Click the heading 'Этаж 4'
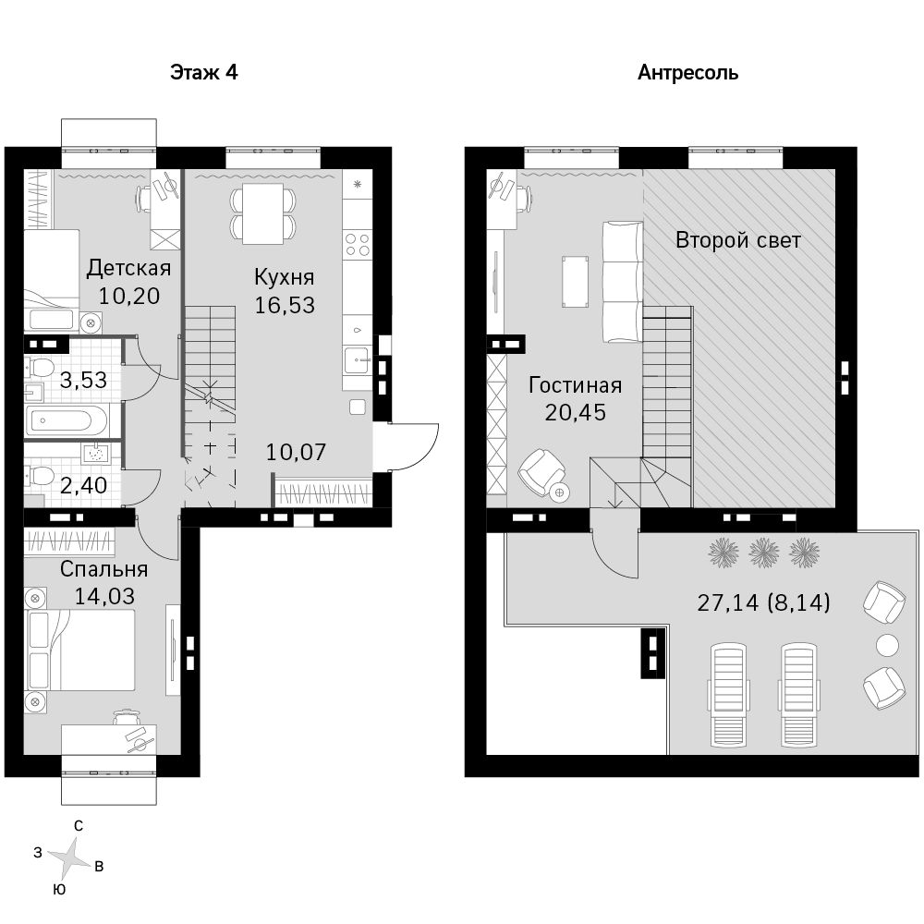point(204,72)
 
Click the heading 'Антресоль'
point(687,73)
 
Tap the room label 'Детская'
point(129,268)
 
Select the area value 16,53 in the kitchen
point(285,305)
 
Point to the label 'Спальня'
point(104,569)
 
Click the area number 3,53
point(84,380)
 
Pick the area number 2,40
point(84,486)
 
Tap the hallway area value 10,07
point(296,452)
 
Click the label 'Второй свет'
point(738,240)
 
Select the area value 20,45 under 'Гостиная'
point(575,412)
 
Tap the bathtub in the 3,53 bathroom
point(67,421)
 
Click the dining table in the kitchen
point(262,213)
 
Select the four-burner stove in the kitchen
point(357,245)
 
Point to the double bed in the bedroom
point(80,650)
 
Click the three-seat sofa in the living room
point(622,282)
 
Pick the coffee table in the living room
point(575,282)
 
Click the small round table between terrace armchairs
point(887,645)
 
